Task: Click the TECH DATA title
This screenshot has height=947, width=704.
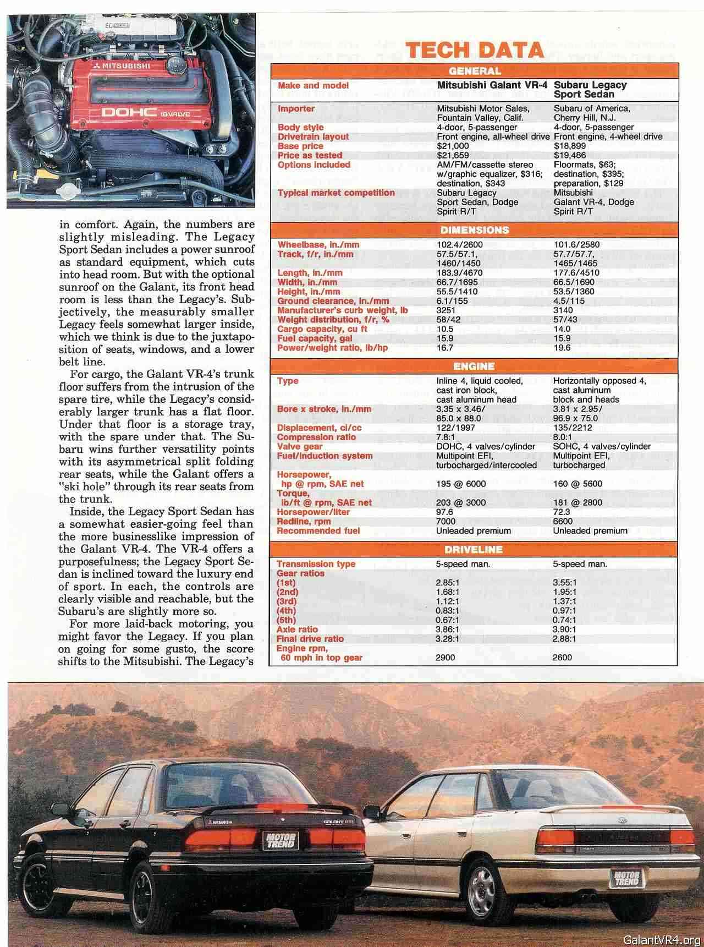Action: click(x=475, y=51)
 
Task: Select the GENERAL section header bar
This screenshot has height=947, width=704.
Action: click(x=475, y=71)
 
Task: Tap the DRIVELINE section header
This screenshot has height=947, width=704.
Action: click(x=474, y=549)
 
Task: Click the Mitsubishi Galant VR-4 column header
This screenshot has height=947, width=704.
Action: click(x=493, y=85)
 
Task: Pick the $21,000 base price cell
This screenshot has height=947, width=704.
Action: click(x=453, y=146)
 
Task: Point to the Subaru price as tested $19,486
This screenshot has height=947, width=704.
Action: click(x=570, y=155)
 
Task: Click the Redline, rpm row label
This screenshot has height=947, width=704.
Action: click(x=304, y=521)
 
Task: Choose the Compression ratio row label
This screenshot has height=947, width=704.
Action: click(x=316, y=437)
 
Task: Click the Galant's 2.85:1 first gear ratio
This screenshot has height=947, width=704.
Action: click(x=447, y=582)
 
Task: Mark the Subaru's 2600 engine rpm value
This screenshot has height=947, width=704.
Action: click(x=562, y=657)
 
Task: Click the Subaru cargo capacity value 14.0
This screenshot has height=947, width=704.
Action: click(x=563, y=329)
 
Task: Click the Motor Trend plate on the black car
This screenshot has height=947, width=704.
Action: click(x=280, y=840)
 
